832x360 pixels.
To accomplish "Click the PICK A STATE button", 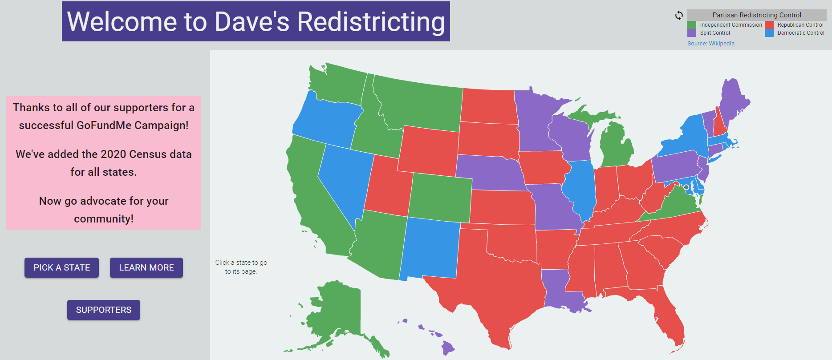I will (x=61, y=267).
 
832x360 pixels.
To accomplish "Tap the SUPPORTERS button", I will (x=103, y=310).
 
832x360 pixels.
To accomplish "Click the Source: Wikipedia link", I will (x=710, y=44).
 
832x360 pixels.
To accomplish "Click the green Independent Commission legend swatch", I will (x=691, y=25).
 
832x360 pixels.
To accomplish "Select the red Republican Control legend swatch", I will (x=769, y=25).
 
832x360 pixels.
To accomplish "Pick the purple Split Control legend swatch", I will (x=691, y=33).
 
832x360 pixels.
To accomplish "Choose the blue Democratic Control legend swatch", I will (x=769, y=33).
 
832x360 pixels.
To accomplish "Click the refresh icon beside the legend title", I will (x=679, y=15).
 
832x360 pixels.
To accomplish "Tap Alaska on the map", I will (x=338, y=311).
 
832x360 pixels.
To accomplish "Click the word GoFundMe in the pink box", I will (x=104, y=125).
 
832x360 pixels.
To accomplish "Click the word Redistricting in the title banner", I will (x=371, y=21).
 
